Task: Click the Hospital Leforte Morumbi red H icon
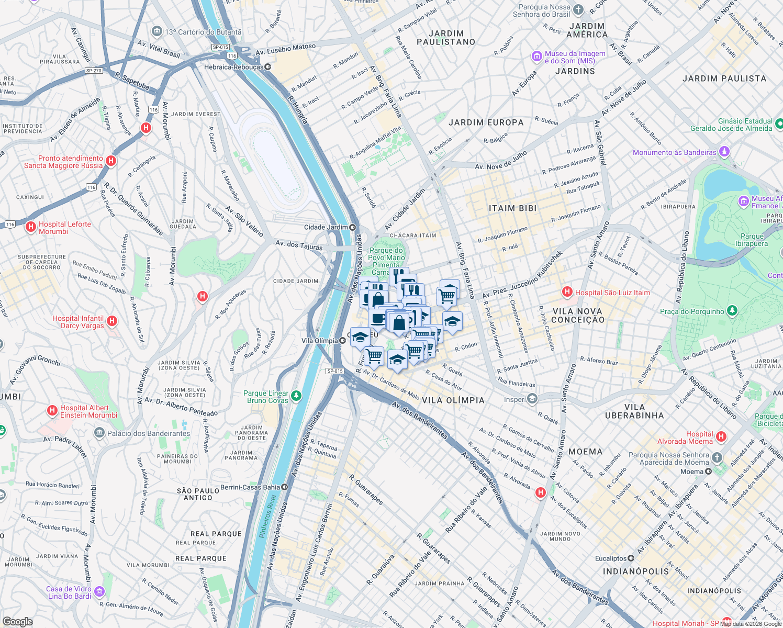31,227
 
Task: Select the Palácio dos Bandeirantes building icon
99,433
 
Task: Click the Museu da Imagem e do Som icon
536,57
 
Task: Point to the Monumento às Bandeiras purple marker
724,152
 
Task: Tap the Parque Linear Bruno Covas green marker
296,396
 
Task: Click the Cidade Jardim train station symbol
353,228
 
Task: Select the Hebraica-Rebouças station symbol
268,67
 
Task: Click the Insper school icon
532,399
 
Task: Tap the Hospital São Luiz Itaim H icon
567,292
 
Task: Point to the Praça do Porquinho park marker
732,311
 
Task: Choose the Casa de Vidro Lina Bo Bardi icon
99,592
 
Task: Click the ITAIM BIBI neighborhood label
512,208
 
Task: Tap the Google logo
17,621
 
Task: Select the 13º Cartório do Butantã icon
156,31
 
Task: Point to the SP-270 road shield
94,71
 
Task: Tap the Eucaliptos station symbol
631,558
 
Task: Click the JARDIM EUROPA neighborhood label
486,122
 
